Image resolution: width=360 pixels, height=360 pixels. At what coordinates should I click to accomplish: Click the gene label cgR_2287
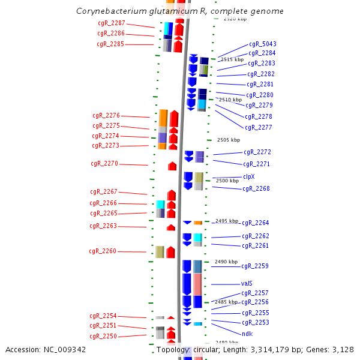coord(111,23)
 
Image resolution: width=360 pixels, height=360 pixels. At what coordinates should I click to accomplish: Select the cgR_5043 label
coord(262,44)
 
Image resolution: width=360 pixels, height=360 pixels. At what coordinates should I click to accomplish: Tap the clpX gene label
coord(248,176)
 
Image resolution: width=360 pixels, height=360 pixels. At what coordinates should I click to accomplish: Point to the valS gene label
coord(247,284)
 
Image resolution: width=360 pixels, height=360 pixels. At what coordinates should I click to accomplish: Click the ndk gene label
coord(247,334)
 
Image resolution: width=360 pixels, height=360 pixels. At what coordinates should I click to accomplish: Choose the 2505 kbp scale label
coord(228,140)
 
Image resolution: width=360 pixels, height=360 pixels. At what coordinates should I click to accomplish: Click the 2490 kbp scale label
coord(226,262)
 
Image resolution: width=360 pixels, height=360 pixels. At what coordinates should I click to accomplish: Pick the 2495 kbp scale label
coord(227,221)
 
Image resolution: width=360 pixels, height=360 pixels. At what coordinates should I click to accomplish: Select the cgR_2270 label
coord(104,163)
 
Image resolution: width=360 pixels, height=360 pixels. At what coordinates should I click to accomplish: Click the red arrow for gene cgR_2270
coord(172,166)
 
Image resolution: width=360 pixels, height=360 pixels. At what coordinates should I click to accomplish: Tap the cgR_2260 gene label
coord(103,251)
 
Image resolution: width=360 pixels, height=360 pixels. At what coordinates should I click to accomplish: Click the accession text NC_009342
coord(65,349)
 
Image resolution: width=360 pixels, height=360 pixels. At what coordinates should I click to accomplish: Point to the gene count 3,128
coord(342,349)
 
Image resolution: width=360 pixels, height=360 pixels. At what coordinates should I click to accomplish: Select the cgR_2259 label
coord(255,266)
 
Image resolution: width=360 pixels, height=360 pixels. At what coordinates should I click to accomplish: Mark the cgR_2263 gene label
coord(103,226)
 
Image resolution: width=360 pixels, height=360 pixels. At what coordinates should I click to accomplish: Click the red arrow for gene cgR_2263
coord(170,227)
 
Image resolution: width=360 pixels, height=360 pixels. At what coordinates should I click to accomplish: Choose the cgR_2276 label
coord(106,115)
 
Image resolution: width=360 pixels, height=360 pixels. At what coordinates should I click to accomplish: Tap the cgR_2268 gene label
coord(256,188)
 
